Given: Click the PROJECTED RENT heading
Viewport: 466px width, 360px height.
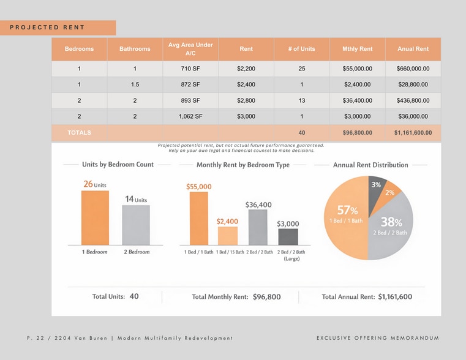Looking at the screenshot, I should click(47, 28).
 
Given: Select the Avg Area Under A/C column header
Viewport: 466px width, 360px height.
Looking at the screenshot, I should click(190, 49).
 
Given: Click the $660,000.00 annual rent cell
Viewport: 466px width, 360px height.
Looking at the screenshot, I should click(413, 69).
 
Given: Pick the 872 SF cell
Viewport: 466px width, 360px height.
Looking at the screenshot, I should click(190, 84).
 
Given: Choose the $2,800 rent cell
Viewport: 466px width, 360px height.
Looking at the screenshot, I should click(246, 100).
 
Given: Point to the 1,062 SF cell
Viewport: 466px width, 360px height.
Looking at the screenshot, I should click(190, 116).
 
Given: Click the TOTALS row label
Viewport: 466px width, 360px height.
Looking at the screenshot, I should click(79, 132).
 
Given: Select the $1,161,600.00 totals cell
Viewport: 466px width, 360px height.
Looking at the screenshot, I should click(413, 132).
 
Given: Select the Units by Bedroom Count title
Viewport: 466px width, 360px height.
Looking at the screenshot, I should click(118, 165).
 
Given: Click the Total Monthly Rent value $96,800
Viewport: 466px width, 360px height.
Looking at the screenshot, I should click(266, 297).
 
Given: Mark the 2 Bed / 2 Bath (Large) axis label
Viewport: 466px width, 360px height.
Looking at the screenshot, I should click(291, 255).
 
